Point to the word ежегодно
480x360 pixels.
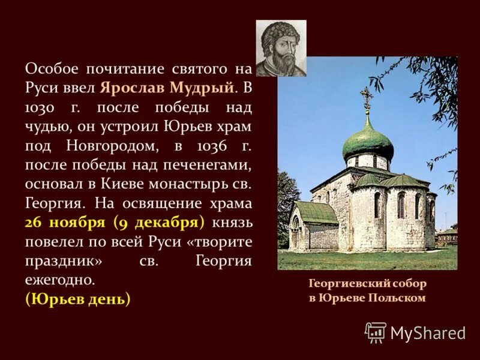60,280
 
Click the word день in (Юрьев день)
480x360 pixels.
107,299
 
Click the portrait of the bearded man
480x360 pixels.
281,48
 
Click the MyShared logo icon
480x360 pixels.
376,332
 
